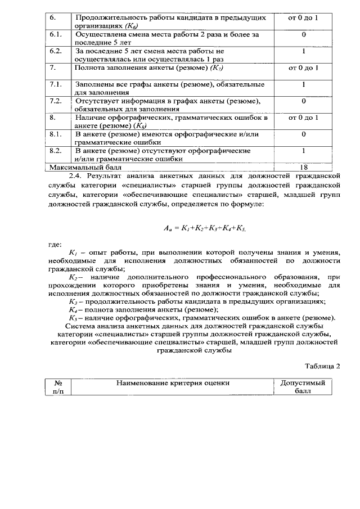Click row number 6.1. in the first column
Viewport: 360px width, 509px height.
click(x=55, y=34)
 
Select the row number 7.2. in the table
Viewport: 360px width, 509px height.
click(x=55, y=101)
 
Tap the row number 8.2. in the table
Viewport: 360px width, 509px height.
click(x=55, y=151)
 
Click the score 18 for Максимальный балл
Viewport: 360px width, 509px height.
click(x=303, y=167)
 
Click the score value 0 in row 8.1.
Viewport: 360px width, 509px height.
click(x=303, y=134)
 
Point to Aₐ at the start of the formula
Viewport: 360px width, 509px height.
click(x=168, y=228)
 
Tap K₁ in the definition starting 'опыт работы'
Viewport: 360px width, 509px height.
click(x=72, y=254)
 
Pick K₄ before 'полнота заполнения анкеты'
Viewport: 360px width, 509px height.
click(x=72, y=309)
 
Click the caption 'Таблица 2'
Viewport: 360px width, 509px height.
click(x=323, y=366)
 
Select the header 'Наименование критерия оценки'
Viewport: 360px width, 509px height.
click(x=173, y=383)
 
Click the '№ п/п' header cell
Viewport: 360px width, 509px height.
click(x=58, y=387)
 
